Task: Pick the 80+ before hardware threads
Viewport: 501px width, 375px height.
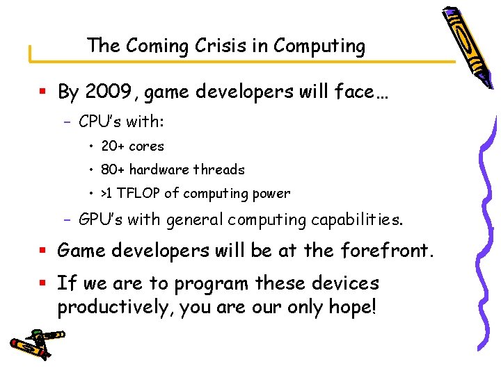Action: point(113,170)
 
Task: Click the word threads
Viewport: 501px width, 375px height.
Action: point(219,170)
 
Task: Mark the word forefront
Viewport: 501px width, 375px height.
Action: point(388,250)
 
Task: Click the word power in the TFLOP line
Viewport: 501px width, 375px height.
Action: point(273,194)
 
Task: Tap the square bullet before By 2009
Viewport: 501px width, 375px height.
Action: point(44,92)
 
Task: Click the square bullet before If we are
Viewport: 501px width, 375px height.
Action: point(44,283)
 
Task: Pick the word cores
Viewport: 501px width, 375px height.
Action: point(147,147)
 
